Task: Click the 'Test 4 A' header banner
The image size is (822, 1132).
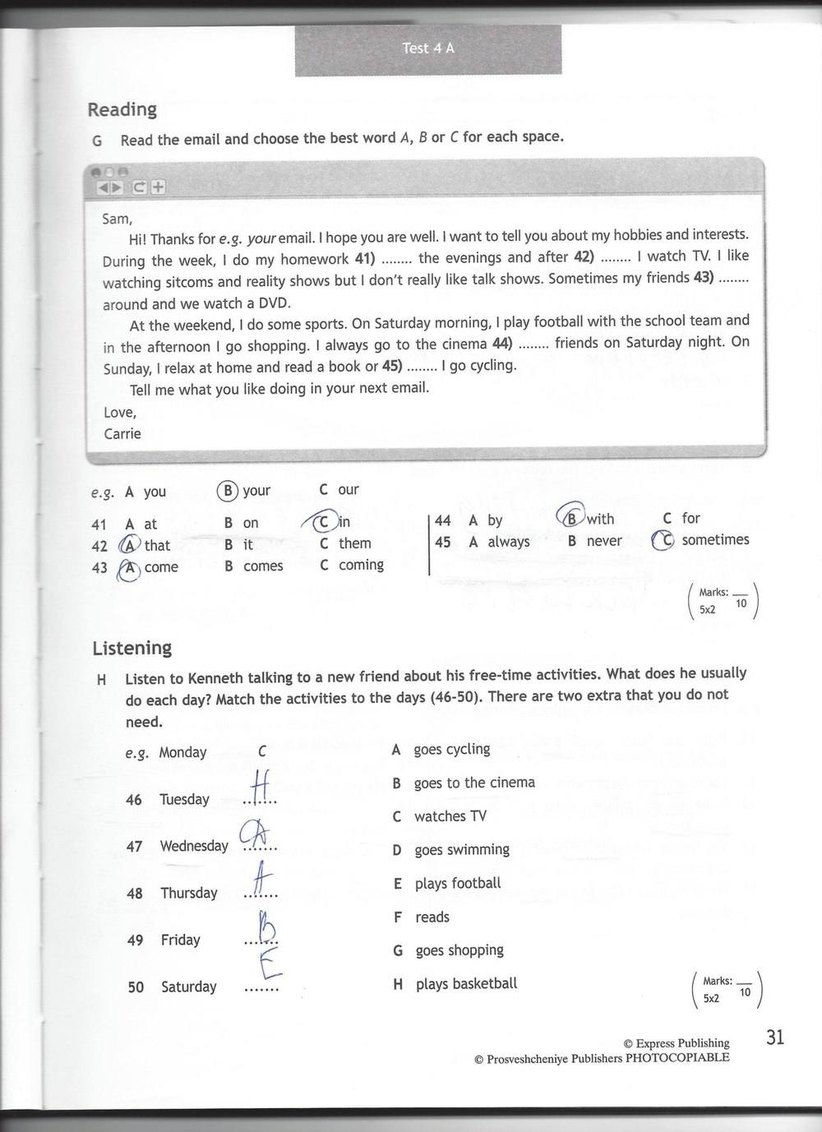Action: pyautogui.click(x=428, y=49)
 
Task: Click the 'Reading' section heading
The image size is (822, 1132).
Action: pyautogui.click(x=122, y=109)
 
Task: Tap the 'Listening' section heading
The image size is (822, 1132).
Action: pyautogui.click(x=132, y=648)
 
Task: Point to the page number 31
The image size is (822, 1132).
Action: pyautogui.click(x=774, y=1037)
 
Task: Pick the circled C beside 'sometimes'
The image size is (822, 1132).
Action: pyautogui.click(x=663, y=540)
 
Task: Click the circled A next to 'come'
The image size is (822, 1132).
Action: pyautogui.click(x=128, y=567)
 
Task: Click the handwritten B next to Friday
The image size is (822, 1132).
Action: pyautogui.click(x=265, y=929)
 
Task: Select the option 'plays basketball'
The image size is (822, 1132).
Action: pyautogui.click(x=466, y=983)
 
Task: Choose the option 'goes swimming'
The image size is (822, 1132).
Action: pyautogui.click(x=461, y=849)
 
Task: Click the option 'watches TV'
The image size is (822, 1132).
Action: pyautogui.click(x=450, y=816)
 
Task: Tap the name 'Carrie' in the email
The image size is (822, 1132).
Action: pyautogui.click(x=122, y=433)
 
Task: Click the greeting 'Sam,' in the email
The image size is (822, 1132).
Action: pyautogui.click(x=117, y=219)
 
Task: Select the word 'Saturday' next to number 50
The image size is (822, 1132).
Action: pyautogui.click(x=188, y=986)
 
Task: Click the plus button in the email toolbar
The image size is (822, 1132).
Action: pyautogui.click(x=157, y=187)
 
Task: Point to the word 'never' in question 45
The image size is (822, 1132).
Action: pyautogui.click(x=604, y=541)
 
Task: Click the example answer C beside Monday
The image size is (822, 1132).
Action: pyautogui.click(x=262, y=751)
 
